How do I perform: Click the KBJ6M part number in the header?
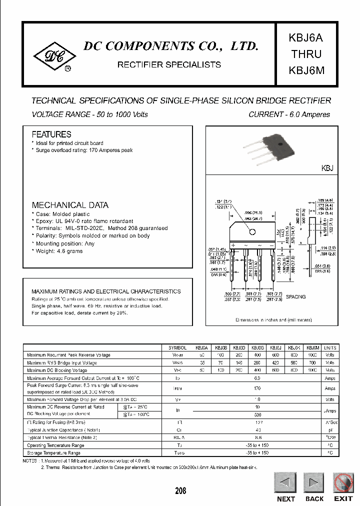point(306,70)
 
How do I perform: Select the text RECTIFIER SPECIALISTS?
point(168,64)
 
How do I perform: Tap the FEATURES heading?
point(51,134)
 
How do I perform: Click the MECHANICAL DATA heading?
point(70,205)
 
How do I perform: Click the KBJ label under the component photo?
point(326,169)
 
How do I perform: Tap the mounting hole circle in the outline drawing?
point(252,231)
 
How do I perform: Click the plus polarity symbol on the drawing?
point(233,245)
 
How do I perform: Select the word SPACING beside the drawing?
point(295,296)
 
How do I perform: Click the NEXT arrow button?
point(285,483)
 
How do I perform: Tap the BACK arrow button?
point(314,483)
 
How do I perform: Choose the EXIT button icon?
point(343,483)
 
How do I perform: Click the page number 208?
point(180,490)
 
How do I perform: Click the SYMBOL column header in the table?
point(177,347)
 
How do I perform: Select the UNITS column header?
point(330,347)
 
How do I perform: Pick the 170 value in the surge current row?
point(257,388)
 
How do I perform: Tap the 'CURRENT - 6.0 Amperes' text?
point(289,114)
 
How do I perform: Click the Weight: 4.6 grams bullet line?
point(59,251)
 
